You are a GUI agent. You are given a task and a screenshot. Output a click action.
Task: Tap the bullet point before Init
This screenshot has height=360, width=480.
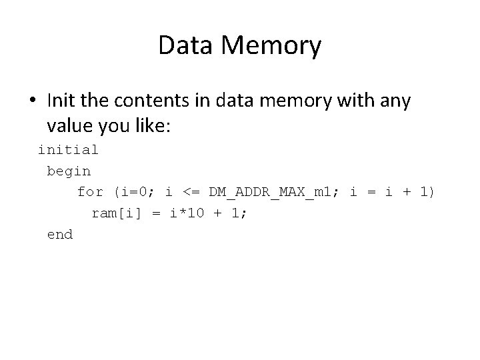point(34,101)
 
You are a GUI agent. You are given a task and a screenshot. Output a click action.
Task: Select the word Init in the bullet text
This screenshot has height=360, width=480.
point(62,101)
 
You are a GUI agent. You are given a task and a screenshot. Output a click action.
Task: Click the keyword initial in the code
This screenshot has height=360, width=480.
point(68,149)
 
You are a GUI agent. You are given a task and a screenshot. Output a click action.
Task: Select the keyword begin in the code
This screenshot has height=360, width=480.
point(69,171)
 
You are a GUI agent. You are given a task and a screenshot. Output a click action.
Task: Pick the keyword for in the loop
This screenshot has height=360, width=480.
point(91,192)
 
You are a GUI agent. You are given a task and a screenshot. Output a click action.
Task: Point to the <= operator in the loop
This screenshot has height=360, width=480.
point(190,192)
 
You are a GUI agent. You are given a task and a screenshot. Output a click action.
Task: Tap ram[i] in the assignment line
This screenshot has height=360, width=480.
point(113,213)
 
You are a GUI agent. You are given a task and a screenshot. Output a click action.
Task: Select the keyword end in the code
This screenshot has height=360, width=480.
point(60,235)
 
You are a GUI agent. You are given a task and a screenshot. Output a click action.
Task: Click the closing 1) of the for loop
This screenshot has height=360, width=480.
point(427,192)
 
